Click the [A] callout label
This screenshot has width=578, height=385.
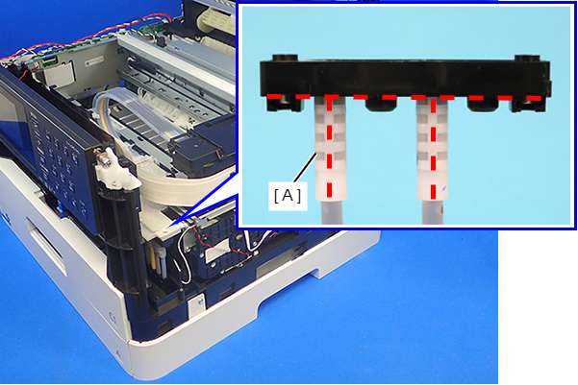[288, 195]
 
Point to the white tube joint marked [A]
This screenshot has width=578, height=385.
[330, 148]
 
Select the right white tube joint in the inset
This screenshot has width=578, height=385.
[433, 148]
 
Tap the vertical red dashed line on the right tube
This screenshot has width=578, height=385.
[433, 148]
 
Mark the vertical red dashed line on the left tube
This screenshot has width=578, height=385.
[329, 148]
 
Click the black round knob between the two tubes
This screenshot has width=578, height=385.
[382, 106]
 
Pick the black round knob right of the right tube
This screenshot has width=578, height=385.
[483, 106]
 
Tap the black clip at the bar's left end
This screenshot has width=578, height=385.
[285, 104]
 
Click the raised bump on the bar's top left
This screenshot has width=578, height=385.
[285, 59]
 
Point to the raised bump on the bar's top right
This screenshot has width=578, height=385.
[527, 59]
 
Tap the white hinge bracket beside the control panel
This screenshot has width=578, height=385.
[114, 170]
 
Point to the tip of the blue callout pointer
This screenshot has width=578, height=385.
[166, 229]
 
